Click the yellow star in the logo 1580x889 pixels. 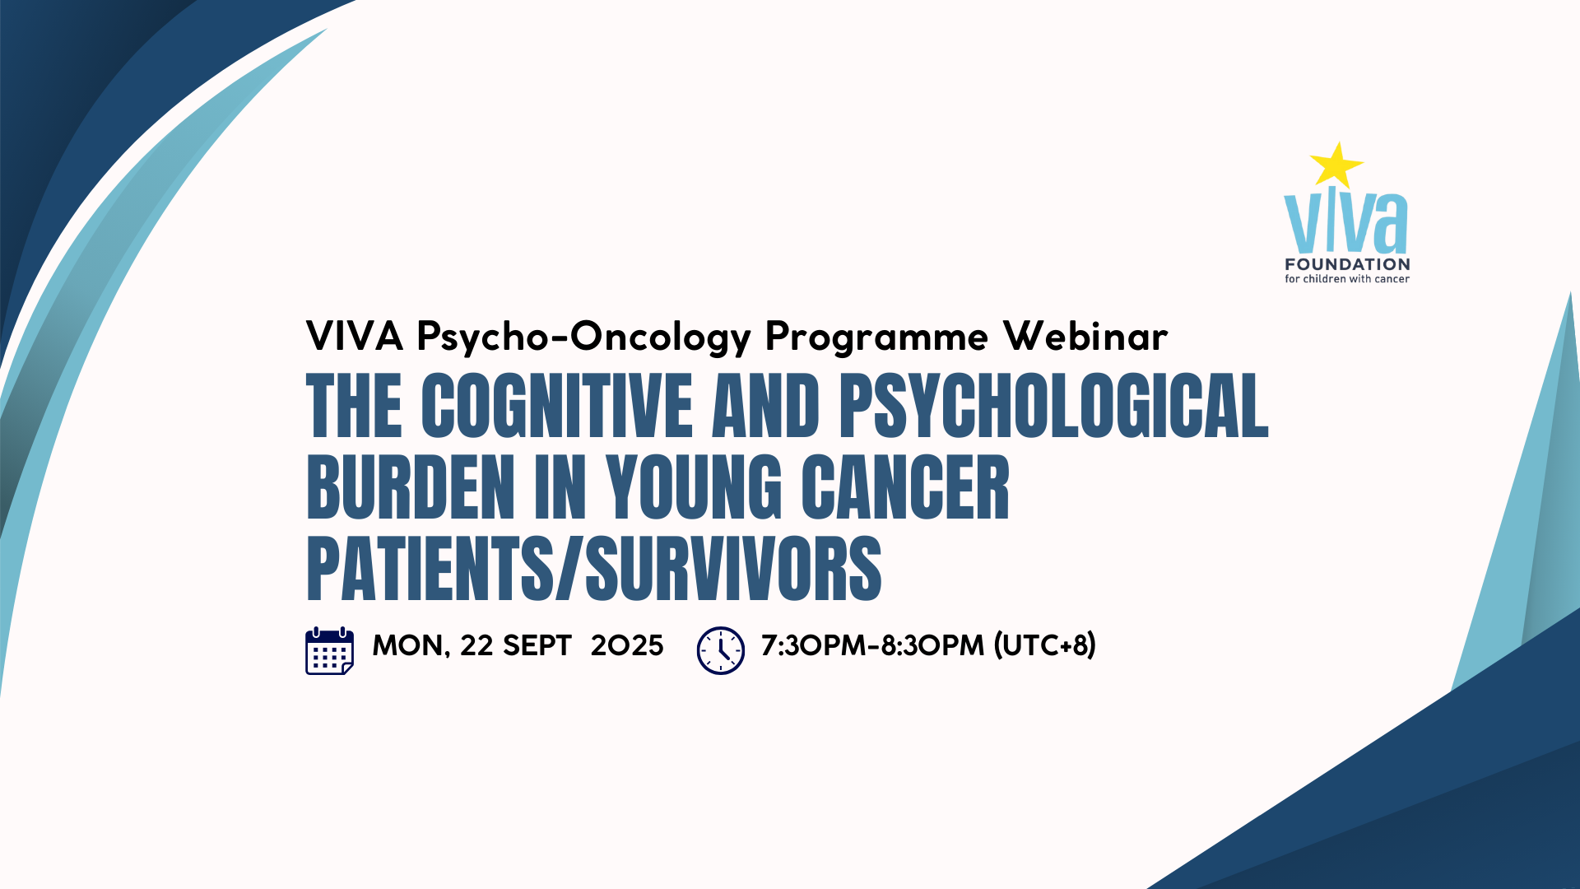pyautogui.click(x=1336, y=165)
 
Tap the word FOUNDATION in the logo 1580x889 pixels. pyautogui.click(x=1347, y=264)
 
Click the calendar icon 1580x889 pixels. pyautogui.click(x=330, y=651)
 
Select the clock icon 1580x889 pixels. pyautogui.click(x=721, y=650)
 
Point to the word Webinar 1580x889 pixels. pyautogui.click(x=1085, y=336)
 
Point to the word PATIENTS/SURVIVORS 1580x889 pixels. pyautogui.click(x=594, y=569)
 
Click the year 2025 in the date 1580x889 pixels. pyautogui.click(x=627, y=645)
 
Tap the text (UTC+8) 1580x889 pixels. pyautogui.click(x=1045, y=645)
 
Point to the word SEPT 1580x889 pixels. pyautogui.click(x=537, y=645)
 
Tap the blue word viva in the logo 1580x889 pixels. pyautogui.click(x=1346, y=222)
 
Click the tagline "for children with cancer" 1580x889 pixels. pyautogui.click(x=1347, y=279)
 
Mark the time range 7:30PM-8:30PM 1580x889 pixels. pyautogui.click(x=872, y=645)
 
